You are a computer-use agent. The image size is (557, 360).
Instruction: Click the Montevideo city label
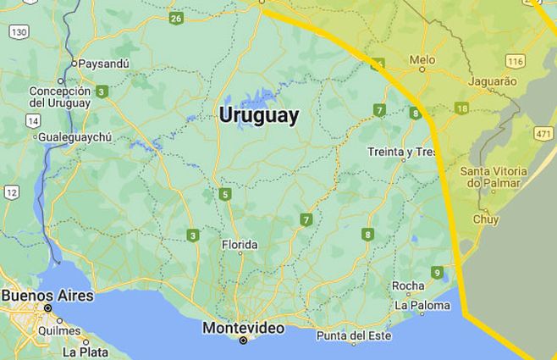(242, 327)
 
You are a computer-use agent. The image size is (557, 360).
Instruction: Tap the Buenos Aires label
(47, 296)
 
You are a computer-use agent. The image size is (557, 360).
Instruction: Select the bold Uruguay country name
(258, 116)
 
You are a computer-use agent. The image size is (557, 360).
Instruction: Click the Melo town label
(422, 60)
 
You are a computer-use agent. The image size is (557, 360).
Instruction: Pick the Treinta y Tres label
(401, 152)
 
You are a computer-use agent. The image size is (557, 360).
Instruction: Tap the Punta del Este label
(354, 336)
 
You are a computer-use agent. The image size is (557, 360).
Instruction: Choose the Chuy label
(486, 219)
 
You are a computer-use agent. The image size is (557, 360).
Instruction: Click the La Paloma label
(422, 305)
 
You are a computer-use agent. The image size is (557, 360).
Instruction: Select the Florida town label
(239, 245)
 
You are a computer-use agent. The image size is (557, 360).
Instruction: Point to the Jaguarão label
(492, 81)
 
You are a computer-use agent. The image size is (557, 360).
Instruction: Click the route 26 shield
(176, 18)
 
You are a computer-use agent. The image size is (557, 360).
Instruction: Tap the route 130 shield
(19, 31)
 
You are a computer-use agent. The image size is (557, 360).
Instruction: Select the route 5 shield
(224, 195)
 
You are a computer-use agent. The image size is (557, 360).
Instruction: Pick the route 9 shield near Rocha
(437, 272)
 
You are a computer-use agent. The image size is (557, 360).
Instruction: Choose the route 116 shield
(514, 62)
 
